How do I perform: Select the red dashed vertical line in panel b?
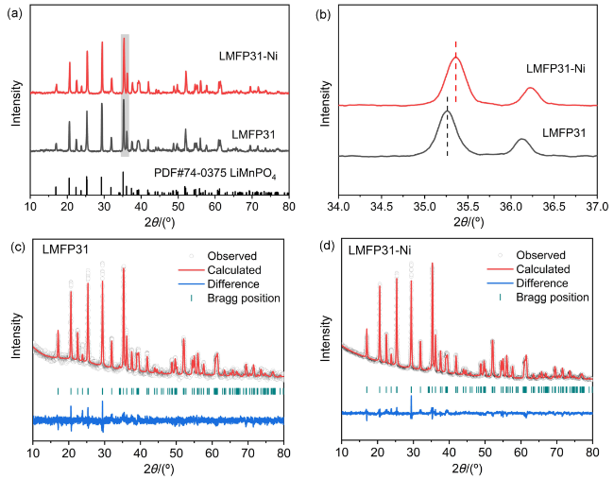(x=456, y=72)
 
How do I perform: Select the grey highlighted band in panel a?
(x=125, y=113)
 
